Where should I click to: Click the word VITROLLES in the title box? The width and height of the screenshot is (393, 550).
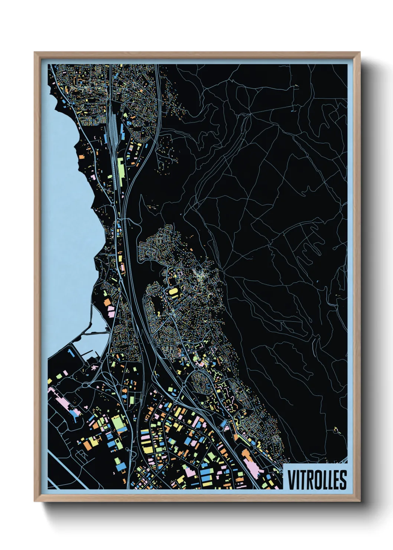point(317,480)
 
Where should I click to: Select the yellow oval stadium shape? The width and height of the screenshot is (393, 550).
point(173,293)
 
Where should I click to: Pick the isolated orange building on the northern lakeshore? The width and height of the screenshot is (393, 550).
point(81,157)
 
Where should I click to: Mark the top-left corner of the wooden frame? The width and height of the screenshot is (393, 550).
point(35,52)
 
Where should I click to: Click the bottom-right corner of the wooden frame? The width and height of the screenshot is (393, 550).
point(360,501)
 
